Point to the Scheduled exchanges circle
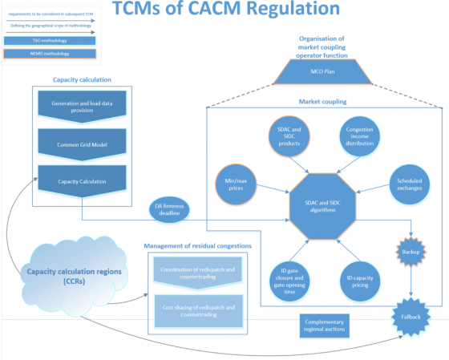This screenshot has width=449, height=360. [x=411, y=186]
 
